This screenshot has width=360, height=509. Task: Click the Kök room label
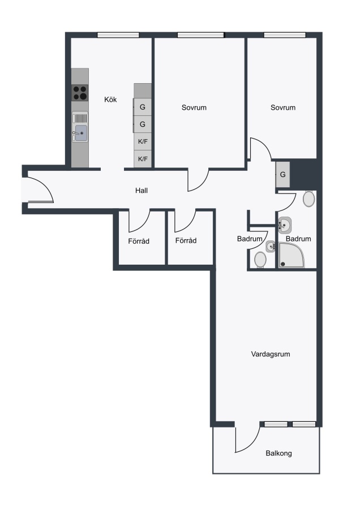[110, 100]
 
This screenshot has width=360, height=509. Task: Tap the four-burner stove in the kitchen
[80, 93]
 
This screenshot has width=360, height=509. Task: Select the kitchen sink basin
[82, 133]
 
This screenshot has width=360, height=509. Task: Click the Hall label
[142, 191]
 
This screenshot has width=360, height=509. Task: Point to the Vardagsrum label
[271, 354]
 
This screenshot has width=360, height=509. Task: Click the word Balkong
[278, 453]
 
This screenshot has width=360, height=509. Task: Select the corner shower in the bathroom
[292, 255]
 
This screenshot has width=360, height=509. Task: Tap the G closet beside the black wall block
[282, 174]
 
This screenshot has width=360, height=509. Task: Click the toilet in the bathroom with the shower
[308, 199]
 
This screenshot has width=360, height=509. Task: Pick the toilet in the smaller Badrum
[260, 260]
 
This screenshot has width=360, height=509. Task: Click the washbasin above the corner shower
[285, 225]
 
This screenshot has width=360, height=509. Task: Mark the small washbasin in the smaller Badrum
[271, 246]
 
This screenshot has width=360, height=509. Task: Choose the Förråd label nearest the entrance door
[139, 241]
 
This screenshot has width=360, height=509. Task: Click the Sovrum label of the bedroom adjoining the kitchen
[194, 107]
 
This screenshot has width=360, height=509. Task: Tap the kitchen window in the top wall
[118, 35]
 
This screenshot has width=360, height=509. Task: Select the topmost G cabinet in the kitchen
[142, 107]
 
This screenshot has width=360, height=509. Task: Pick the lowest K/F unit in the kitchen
[143, 159]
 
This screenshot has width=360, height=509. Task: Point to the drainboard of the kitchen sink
[82, 118]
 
